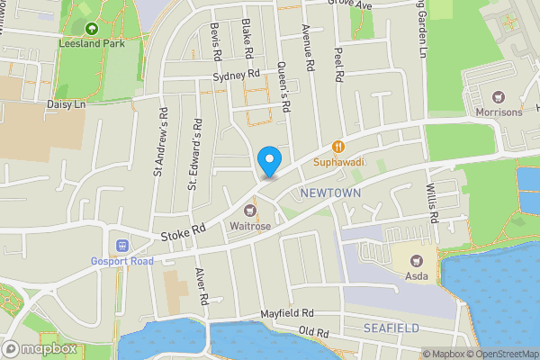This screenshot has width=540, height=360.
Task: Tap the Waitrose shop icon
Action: tap(250, 210)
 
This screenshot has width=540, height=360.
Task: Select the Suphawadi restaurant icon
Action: tap(338, 146)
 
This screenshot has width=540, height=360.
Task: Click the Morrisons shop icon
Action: tap(498, 96)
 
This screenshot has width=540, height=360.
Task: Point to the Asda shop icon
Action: tap(415, 260)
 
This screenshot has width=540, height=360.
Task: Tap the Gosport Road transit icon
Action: tap(121, 246)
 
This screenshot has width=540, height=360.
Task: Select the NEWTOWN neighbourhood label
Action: tap(330, 193)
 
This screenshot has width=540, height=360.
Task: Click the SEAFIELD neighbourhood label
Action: tap(391, 328)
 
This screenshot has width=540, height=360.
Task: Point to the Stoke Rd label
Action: tap(184, 233)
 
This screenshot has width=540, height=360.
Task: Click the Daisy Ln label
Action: tap(66, 104)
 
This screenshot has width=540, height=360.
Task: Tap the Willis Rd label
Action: tap(432, 203)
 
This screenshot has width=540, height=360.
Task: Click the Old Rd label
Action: tap(314, 332)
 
